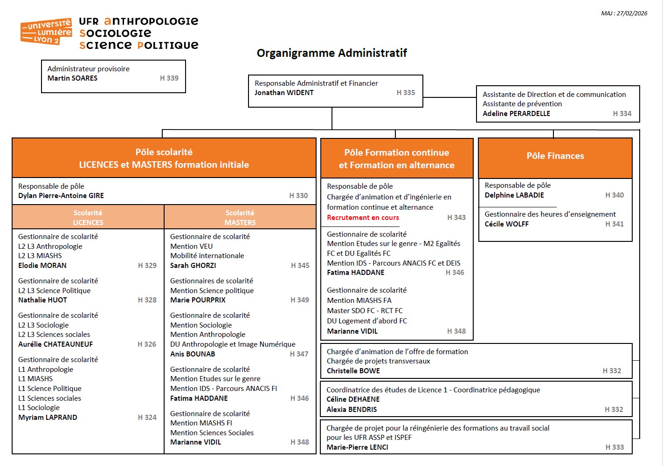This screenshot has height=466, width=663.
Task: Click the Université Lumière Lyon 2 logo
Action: [46, 32]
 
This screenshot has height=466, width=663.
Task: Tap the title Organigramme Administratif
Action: [331, 53]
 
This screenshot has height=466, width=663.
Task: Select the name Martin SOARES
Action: [72, 78]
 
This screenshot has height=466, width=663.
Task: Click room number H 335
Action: [406, 93]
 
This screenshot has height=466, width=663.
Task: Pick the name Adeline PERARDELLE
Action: [516, 114]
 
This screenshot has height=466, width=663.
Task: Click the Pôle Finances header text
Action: [555, 156]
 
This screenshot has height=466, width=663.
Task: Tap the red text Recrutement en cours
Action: [363, 218]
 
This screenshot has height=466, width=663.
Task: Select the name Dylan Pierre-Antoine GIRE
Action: [61, 196]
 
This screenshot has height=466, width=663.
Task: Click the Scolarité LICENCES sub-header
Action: [88, 218]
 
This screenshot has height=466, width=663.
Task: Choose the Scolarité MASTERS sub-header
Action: [240, 218]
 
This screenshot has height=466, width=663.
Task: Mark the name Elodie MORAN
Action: [42, 266]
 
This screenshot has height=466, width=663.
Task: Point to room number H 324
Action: [147, 418]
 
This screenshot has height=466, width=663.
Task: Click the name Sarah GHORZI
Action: [193, 266]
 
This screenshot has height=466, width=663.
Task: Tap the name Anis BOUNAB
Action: [193, 354]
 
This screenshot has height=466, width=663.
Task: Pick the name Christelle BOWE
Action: [353, 371]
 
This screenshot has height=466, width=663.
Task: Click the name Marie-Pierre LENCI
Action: [357, 447]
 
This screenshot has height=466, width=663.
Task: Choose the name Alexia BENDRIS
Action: [352, 410]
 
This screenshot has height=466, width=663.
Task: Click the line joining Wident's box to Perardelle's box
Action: [449, 97]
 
